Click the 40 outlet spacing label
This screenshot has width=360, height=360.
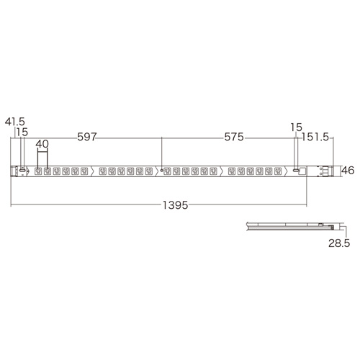[x=42, y=143]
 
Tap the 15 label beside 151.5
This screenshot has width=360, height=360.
[x=294, y=127]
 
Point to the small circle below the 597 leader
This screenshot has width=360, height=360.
[x=163, y=171]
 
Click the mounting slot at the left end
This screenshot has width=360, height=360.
[x=22, y=171]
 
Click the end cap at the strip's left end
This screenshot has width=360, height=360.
[x=14, y=171]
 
